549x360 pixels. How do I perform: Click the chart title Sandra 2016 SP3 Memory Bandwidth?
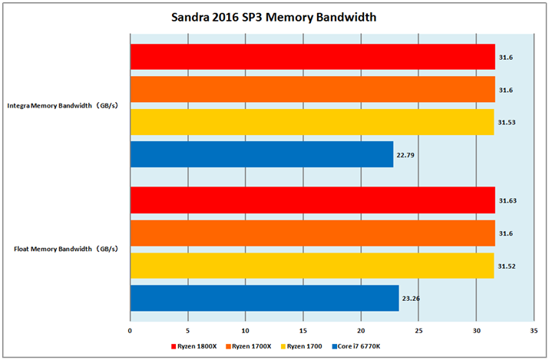coord(273,17)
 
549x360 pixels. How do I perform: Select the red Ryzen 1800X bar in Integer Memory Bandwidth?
coord(313,57)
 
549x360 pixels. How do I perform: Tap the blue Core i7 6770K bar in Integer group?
coord(262,154)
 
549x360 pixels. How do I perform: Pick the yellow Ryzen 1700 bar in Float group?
coord(312,266)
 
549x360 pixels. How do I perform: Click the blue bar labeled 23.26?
coord(264,298)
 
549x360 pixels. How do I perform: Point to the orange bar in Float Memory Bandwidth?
coord(313,233)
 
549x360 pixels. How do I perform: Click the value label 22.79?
coord(405,154)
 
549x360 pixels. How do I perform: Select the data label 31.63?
coord(508,201)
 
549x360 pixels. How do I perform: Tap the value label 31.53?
coord(508,122)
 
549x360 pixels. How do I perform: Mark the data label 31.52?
coord(508,266)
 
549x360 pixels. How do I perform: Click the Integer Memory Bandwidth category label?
coord(66,105)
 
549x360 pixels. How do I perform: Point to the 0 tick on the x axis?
coord(131,331)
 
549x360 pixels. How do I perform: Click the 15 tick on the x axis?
coord(303,331)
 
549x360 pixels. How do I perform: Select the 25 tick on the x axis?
coord(418,331)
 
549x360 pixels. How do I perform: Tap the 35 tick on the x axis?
coord(534,331)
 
